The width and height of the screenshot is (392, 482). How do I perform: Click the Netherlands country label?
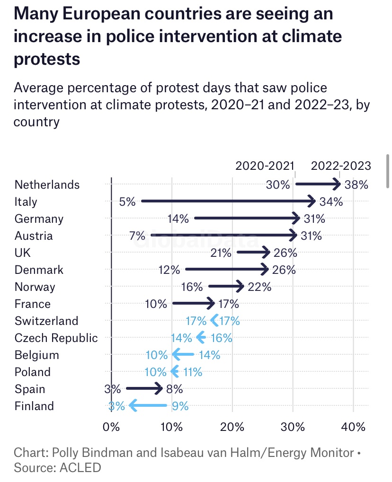pyautogui.click(x=47, y=184)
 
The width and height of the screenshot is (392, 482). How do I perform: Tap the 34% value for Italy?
pyautogui.click(x=331, y=202)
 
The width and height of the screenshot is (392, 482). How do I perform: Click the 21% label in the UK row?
pyautogui.click(x=221, y=253)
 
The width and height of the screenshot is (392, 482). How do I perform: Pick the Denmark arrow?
pyautogui.click(x=227, y=270)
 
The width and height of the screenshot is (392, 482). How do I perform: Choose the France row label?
pyautogui.click(x=32, y=304)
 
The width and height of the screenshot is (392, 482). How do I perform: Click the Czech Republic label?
pyautogui.click(x=56, y=338)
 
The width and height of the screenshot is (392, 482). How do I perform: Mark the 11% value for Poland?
pyautogui.click(x=193, y=372)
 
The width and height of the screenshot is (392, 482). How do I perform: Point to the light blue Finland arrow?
pyautogui.click(x=148, y=406)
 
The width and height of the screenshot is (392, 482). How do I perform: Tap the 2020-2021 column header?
pyautogui.click(x=265, y=166)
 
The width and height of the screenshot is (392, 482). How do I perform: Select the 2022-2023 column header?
pyautogui.click(x=341, y=166)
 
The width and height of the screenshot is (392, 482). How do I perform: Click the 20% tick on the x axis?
pyautogui.click(x=232, y=427)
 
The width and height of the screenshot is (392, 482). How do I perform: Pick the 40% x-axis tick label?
pyautogui.click(x=353, y=427)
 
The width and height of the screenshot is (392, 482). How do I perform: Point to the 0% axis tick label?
pyautogui.click(x=111, y=427)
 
